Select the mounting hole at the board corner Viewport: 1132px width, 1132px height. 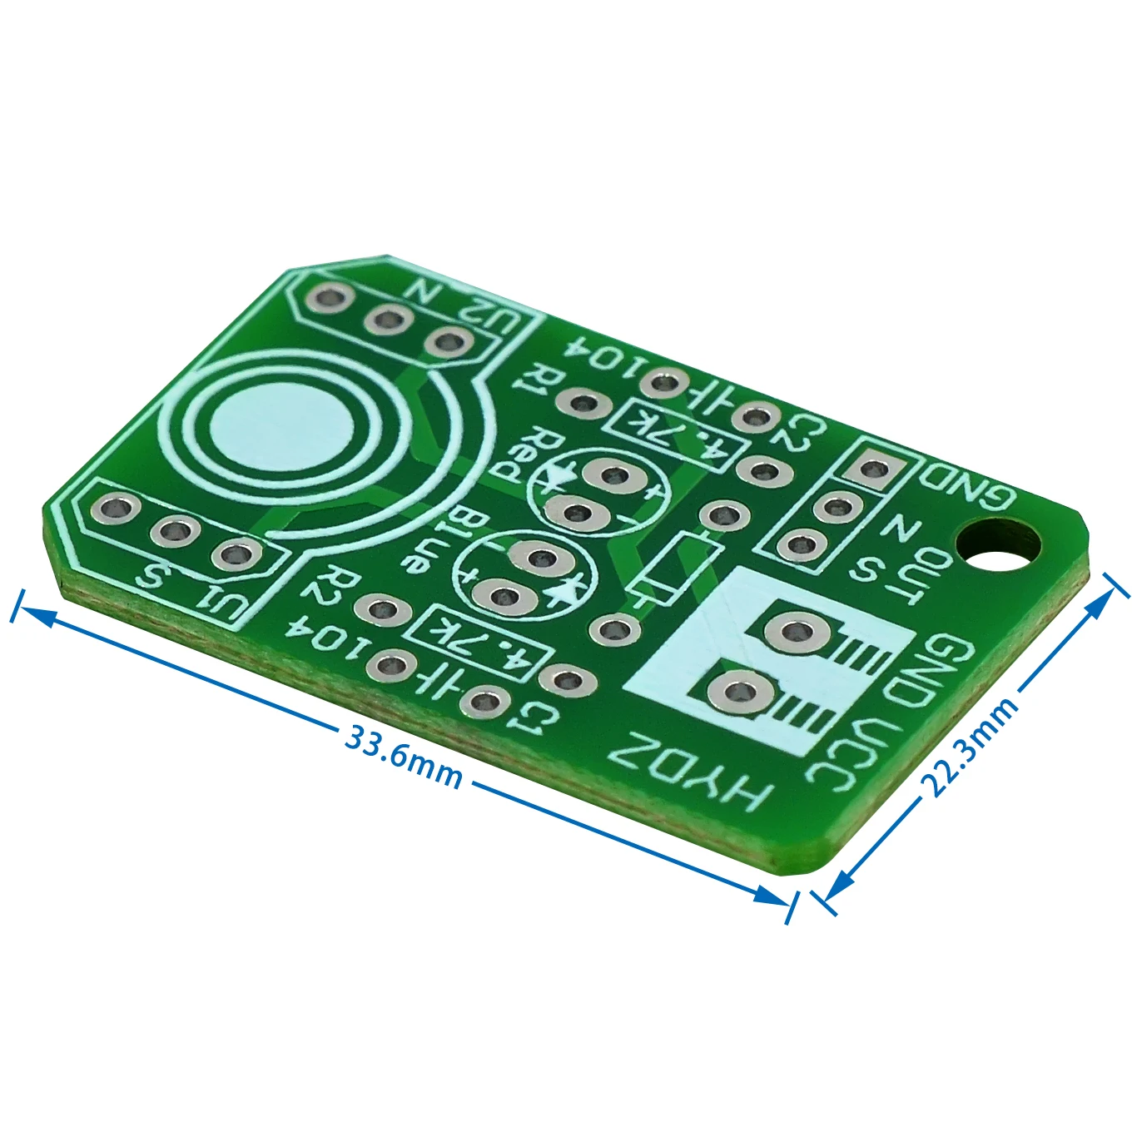(998, 549)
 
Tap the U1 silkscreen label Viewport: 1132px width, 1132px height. (223, 602)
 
